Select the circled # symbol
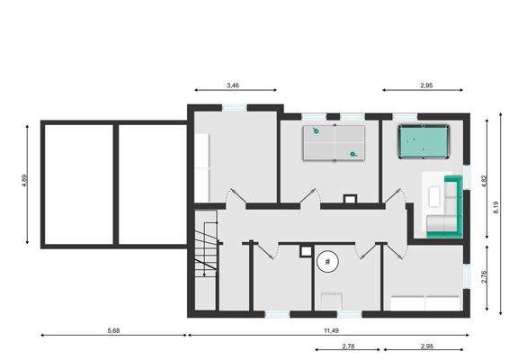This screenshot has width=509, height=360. [x=328, y=263]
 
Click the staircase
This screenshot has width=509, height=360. [x=207, y=253]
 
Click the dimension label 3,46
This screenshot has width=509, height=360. [x=233, y=85]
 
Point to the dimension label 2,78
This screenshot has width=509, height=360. [x=348, y=346]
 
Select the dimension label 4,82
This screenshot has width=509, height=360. [x=484, y=180]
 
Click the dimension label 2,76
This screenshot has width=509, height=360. [x=484, y=277]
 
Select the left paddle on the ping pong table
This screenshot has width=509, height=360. [x=315, y=132]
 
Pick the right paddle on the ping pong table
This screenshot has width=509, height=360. [x=354, y=154]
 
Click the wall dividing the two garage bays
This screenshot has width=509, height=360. [x=115, y=184]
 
